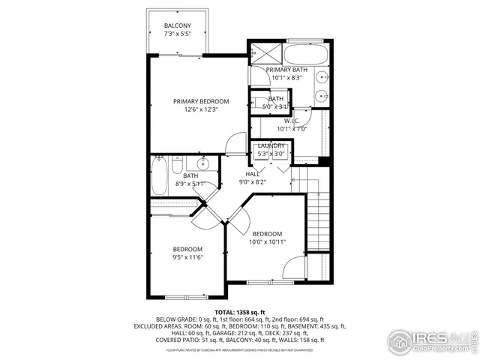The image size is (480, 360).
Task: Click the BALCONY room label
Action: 177,26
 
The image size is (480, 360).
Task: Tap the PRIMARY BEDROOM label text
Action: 201,101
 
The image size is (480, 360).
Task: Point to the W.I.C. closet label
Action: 291,121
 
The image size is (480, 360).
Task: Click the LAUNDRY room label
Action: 271,145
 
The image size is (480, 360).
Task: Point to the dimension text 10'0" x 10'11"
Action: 266,241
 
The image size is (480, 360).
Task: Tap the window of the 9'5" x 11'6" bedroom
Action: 186,297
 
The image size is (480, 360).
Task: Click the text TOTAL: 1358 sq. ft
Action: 240,311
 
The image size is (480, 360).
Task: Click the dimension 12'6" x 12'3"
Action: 201,110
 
